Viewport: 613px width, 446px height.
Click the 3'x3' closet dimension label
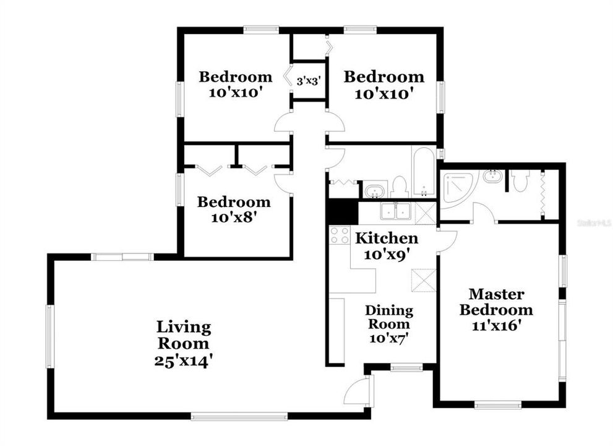click(x=308, y=81)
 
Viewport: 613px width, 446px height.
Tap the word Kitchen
click(x=386, y=238)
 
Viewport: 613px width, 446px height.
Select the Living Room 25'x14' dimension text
click(x=184, y=361)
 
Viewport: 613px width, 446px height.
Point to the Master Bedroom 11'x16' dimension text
click(x=495, y=325)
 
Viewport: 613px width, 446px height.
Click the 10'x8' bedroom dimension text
click(x=233, y=217)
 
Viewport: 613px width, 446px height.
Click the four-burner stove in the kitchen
click(x=339, y=235)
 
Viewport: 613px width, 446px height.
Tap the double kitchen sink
click(x=396, y=211)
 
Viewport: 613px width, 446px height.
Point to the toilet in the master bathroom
click(x=518, y=180)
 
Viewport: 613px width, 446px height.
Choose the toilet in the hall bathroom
click(x=400, y=187)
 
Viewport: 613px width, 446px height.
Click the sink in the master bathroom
click(x=492, y=177)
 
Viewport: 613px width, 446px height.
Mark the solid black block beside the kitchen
click(x=342, y=211)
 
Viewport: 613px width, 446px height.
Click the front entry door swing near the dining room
click(x=358, y=390)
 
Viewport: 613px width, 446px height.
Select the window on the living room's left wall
click(x=50, y=336)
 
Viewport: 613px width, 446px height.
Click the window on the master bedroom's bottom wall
click(x=497, y=406)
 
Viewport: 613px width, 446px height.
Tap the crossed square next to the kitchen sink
click(x=425, y=212)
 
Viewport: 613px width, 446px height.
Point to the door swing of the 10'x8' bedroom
click(x=282, y=183)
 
